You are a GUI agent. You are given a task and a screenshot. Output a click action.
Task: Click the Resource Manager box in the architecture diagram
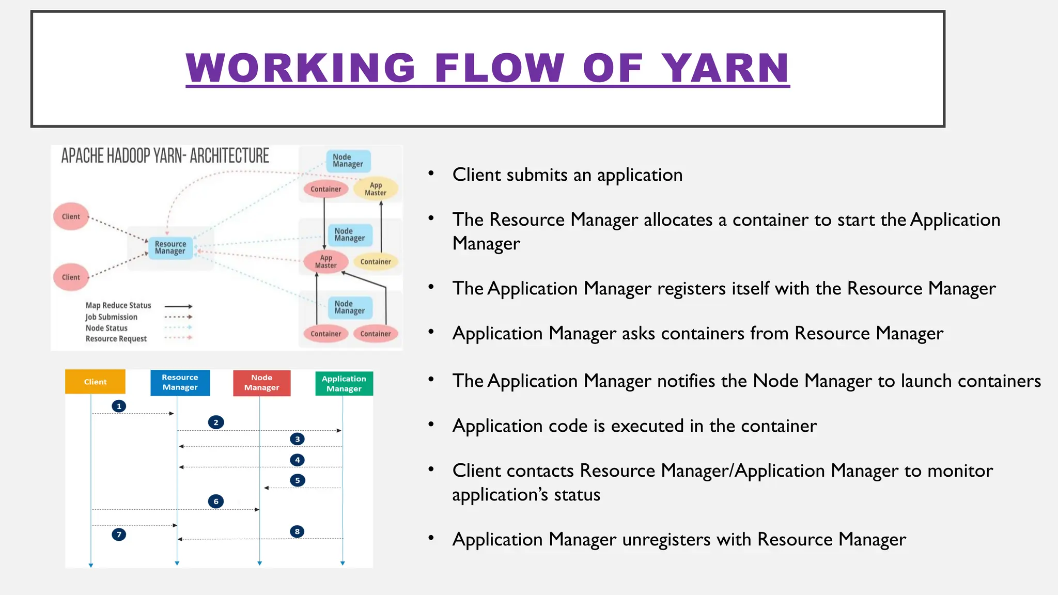click(170, 248)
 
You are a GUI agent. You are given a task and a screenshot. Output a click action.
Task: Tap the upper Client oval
click(71, 216)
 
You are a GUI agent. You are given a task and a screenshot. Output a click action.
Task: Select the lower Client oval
click(71, 277)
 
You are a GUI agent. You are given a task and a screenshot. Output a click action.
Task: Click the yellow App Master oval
click(376, 189)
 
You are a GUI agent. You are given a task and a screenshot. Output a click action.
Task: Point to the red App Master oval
click(325, 262)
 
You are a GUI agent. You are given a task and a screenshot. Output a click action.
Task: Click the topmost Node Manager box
click(348, 161)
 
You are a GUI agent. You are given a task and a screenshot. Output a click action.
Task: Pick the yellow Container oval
click(376, 262)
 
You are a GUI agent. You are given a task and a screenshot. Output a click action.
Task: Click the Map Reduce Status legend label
click(118, 306)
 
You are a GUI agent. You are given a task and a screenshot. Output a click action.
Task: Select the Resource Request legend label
click(116, 339)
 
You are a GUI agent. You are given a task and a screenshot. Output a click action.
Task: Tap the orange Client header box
click(95, 382)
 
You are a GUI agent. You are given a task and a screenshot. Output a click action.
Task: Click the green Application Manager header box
click(344, 384)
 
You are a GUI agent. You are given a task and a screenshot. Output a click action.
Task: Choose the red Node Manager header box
click(261, 383)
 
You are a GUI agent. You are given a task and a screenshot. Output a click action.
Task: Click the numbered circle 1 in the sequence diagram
click(119, 406)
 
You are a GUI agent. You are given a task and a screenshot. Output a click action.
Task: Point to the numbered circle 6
click(216, 501)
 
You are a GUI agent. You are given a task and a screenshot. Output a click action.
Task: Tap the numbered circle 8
click(297, 531)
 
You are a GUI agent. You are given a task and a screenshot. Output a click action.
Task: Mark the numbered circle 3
click(297, 439)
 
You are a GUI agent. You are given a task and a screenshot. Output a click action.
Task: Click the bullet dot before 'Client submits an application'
click(431, 174)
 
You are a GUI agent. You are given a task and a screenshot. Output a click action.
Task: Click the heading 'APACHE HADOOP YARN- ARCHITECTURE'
click(165, 155)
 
